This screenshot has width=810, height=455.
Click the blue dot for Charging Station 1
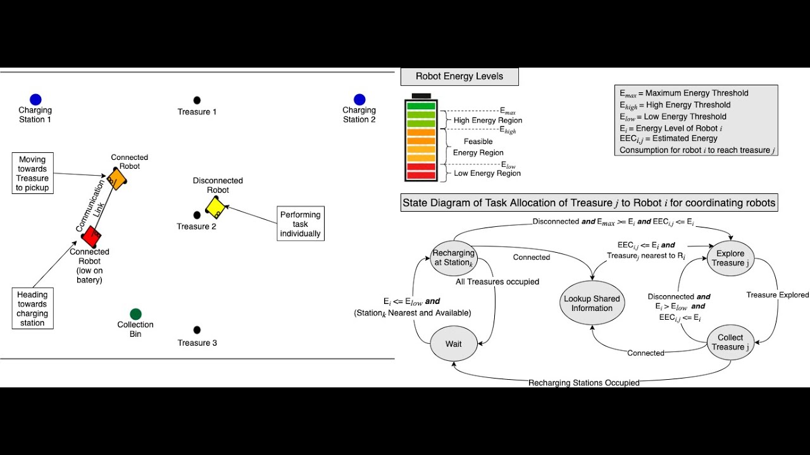35,99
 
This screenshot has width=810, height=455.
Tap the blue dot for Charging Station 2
359,99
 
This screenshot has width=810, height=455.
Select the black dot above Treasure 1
197,100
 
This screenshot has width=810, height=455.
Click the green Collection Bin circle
135,313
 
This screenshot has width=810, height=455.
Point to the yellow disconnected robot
215,207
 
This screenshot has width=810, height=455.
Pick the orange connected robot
116,178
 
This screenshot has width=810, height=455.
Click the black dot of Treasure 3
197,330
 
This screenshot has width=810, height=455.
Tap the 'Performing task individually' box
301,224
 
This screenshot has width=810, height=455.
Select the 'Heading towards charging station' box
32,308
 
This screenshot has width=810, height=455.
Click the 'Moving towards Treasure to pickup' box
32,174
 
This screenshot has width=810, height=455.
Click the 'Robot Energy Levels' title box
459,76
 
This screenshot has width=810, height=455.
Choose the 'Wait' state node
453,344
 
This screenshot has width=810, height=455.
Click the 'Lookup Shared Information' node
592,303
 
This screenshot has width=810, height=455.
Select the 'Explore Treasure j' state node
730,258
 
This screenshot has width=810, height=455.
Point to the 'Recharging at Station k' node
453,258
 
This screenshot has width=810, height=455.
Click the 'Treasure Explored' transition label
777,295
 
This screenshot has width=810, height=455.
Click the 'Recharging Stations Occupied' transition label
583,382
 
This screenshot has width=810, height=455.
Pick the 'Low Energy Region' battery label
487,173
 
